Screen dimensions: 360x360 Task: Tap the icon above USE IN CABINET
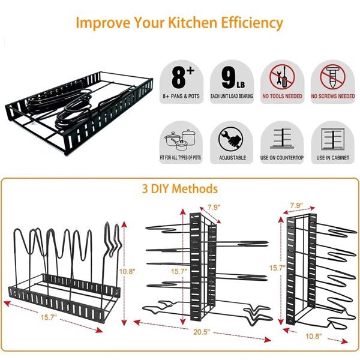click(332, 139)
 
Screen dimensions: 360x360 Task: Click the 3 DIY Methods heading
click(179, 189)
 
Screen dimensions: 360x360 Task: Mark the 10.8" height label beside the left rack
click(128, 272)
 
